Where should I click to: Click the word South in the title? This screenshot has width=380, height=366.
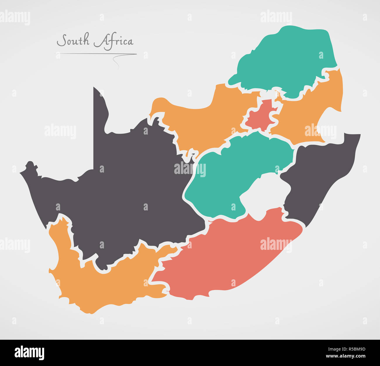point(73,40)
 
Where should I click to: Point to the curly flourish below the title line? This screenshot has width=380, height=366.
point(116,62)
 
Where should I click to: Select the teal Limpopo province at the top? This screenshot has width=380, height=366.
point(286,58)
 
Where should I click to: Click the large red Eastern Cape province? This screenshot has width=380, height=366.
point(228,257)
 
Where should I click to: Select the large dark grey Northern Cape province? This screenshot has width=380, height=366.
point(132,190)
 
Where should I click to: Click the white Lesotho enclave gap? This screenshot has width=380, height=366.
point(265,196)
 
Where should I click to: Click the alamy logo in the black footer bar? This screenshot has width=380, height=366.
point(29,353)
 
